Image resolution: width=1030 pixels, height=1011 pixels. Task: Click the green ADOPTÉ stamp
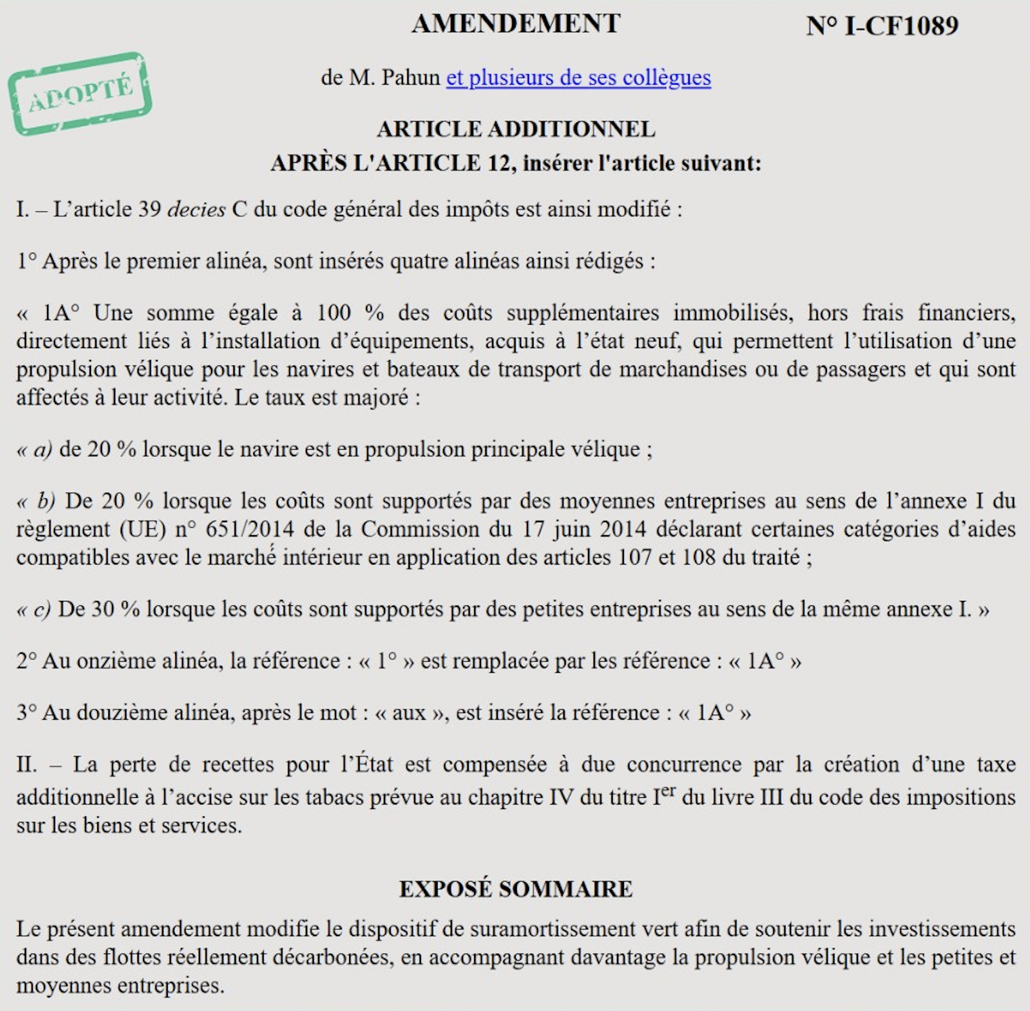(80, 94)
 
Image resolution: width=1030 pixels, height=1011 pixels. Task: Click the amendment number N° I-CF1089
(882, 26)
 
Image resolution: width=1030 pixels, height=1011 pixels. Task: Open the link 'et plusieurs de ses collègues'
(578, 77)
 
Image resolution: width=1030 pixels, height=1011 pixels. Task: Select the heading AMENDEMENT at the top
(516, 24)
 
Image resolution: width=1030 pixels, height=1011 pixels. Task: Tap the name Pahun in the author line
(410, 77)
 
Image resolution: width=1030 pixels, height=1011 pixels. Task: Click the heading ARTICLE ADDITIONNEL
(516, 129)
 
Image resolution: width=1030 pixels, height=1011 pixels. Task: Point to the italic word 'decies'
(196, 209)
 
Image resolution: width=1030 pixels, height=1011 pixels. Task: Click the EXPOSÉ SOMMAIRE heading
(516, 889)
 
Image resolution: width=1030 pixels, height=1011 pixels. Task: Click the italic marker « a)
(35, 449)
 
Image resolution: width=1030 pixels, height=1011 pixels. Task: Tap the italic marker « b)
(37, 501)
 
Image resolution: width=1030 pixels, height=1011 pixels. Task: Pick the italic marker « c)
(34, 610)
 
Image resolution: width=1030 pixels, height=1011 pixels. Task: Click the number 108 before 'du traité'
(699, 558)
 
